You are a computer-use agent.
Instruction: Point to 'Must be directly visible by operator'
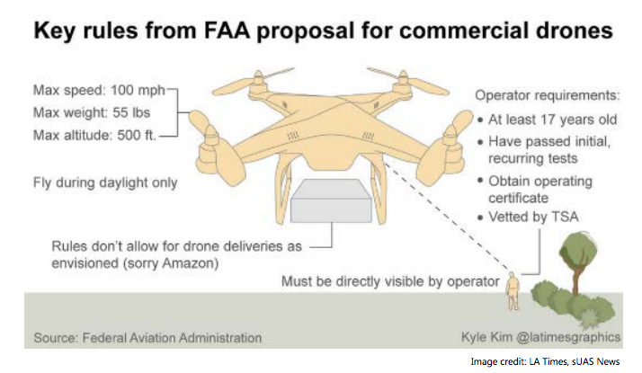(x=389, y=281)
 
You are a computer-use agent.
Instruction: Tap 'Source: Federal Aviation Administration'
(x=148, y=338)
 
